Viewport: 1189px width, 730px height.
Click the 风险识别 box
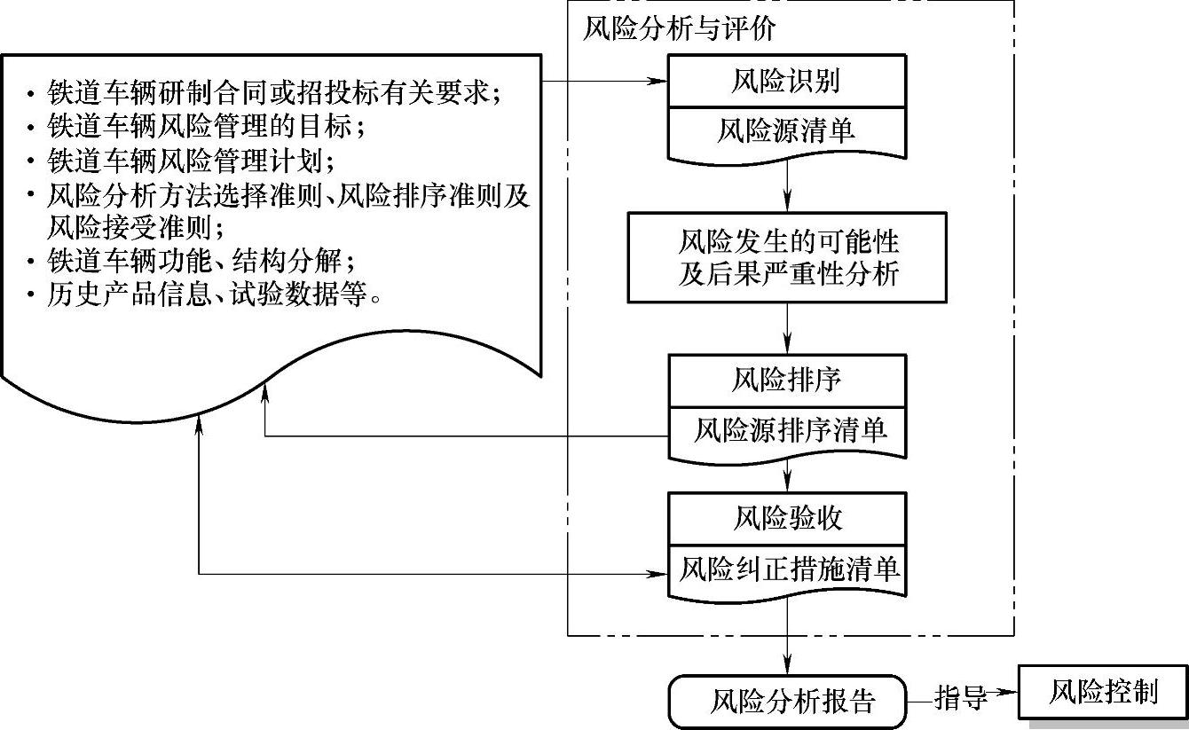[x=787, y=82]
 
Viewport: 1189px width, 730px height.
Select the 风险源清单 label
[x=787, y=132]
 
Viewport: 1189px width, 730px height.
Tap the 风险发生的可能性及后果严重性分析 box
[x=787, y=256]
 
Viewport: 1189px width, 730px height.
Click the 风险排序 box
[x=787, y=381]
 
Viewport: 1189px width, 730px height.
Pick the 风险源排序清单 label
[x=789, y=431]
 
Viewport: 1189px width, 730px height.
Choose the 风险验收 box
[x=787, y=518]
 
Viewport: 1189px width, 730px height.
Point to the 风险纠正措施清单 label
[x=789, y=569]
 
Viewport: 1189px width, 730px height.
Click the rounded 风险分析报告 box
[x=787, y=702]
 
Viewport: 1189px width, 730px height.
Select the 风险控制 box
[x=1102, y=692]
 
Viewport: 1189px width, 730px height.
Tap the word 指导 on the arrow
[x=961, y=698]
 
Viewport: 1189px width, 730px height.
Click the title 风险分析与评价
[x=679, y=29]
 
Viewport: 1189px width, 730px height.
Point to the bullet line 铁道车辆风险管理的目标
[x=205, y=126]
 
